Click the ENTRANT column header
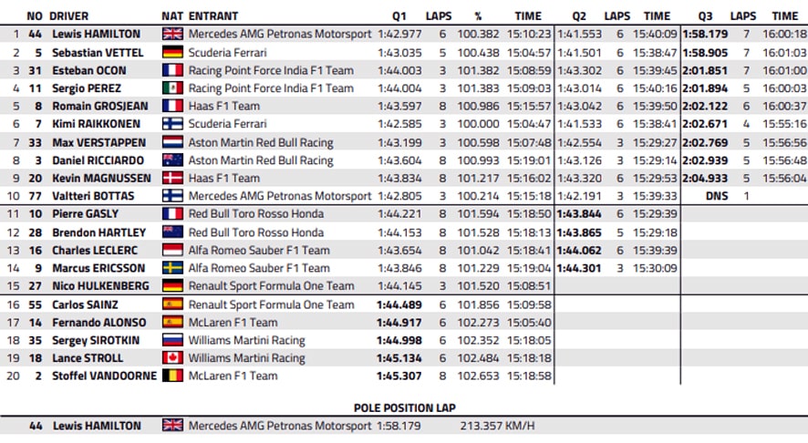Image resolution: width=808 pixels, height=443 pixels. tap(213, 16)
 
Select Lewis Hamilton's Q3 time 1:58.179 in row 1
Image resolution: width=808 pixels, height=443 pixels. tap(706, 34)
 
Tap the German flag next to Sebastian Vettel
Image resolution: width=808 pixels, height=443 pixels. tap(172, 52)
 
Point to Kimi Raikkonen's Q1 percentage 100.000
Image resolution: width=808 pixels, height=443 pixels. tap(478, 124)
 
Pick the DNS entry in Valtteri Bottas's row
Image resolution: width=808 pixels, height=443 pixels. tap(717, 196)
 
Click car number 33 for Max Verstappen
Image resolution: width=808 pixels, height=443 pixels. tap(35, 142)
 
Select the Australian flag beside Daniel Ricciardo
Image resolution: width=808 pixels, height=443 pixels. tap(172, 160)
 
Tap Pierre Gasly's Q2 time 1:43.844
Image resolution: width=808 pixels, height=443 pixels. tap(579, 214)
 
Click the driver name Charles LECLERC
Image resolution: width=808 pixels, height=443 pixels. tap(95, 251)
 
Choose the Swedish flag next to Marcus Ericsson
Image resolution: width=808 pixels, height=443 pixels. tap(172, 268)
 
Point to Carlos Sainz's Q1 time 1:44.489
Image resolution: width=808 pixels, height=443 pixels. tap(399, 304)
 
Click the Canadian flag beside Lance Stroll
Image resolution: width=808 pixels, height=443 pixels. tap(172, 357)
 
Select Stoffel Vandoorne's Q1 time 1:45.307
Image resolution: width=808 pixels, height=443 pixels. tap(399, 376)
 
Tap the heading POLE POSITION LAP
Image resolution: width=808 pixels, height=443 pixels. tap(405, 408)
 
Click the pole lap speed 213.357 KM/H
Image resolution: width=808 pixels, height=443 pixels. tap(497, 426)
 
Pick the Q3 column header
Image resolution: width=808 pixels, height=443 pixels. tap(705, 16)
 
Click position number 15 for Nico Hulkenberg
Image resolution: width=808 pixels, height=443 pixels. tap(13, 286)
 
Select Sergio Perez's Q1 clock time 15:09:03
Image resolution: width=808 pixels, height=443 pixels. tap(529, 88)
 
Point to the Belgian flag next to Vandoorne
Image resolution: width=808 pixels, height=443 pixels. tap(172, 376)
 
